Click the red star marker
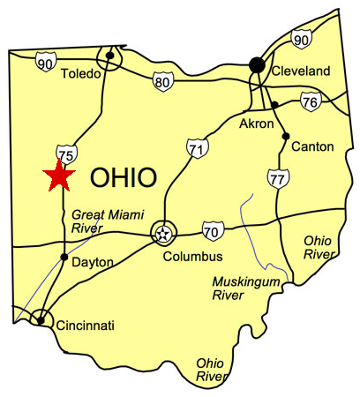(58, 176)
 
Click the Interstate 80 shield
(161, 83)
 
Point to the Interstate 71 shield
(197, 148)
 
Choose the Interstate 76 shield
(309, 102)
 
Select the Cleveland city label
(300, 71)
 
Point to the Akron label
(256, 124)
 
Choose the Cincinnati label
(85, 326)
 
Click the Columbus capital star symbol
(163, 233)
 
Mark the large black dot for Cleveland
(257, 64)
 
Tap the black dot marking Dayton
(64, 257)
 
